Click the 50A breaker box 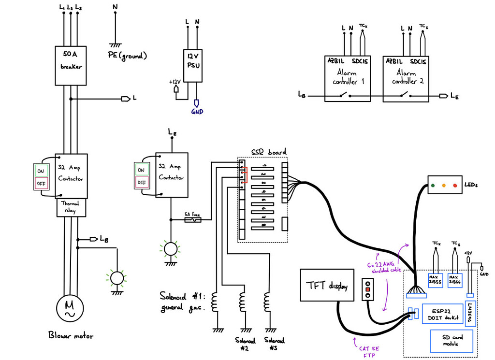(71, 65)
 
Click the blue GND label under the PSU (197, 112)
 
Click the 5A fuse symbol (193, 220)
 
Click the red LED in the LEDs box (455, 185)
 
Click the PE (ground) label (127, 56)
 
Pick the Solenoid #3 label (275, 344)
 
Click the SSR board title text (268, 152)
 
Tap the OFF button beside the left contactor (40, 184)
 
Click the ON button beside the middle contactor (141, 170)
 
